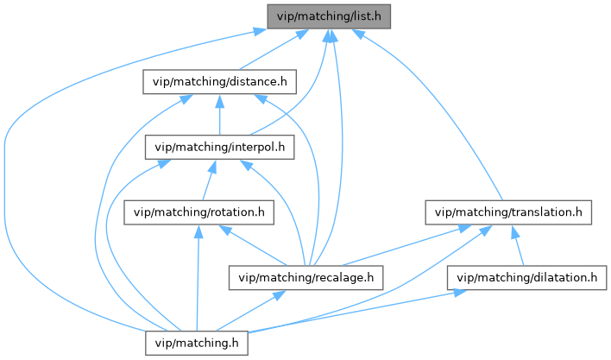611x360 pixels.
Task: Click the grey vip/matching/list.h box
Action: tap(329, 16)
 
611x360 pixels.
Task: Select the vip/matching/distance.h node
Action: tap(220, 82)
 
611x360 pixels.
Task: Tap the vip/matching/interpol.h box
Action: tap(220, 146)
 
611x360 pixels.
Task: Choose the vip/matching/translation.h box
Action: tap(509, 212)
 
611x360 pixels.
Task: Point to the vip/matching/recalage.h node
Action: tap(305, 277)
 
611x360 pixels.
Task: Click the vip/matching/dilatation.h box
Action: tap(527, 277)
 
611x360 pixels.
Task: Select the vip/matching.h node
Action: tap(197, 343)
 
